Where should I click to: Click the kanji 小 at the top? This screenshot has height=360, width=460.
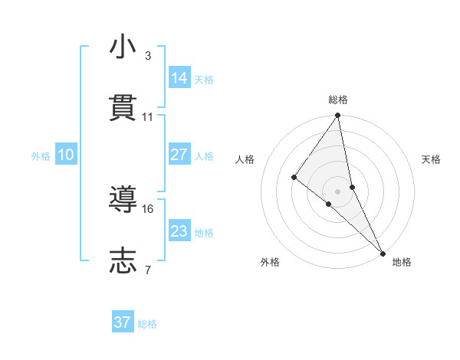[x=123, y=47]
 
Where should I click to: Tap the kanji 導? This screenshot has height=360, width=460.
[x=123, y=201]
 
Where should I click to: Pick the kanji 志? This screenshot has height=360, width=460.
[x=123, y=260]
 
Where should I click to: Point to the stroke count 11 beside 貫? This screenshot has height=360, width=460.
[x=148, y=117]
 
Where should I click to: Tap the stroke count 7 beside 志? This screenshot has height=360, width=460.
[x=147, y=270]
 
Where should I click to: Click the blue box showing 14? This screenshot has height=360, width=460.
[x=179, y=77]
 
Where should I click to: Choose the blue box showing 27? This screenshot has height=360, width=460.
[x=179, y=154]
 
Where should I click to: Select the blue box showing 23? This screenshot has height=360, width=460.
[x=179, y=231]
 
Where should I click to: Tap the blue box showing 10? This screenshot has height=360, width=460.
[x=66, y=155]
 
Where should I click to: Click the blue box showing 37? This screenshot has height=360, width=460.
[x=123, y=322]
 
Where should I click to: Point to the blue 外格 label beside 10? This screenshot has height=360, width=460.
[x=41, y=155]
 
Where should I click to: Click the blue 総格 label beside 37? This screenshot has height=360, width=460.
[x=147, y=324]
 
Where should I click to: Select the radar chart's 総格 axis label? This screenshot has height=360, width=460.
[x=338, y=100]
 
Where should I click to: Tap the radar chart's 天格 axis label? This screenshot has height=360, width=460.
[x=431, y=159]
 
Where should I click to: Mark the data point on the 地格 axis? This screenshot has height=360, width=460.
[x=383, y=252]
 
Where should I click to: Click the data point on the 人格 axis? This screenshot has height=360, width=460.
[x=294, y=177]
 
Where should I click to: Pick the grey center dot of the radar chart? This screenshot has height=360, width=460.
[x=338, y=191]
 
